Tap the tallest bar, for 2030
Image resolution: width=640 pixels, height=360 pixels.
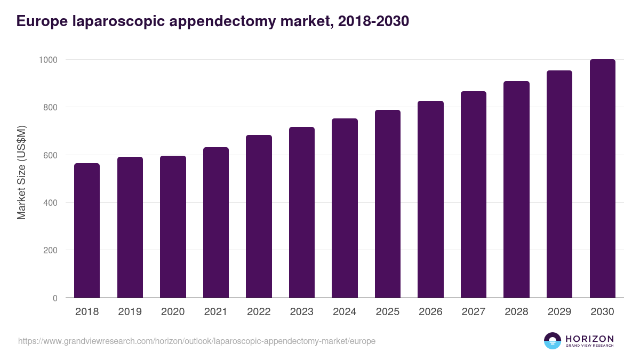[x=602, y=179]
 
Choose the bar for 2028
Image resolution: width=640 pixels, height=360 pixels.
[x=516, y=189]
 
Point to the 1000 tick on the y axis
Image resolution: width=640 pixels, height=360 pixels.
[x=47, y=60]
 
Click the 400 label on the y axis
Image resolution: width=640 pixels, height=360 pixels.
[x=50, y=203]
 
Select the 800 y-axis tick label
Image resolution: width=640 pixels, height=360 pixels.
[x=50, y=107]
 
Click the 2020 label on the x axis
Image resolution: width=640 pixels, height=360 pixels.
[x=173, y=312]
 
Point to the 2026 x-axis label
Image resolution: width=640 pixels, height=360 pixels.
[x=430, y=312]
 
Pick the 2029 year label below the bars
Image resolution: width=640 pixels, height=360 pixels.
[x=559, y=312]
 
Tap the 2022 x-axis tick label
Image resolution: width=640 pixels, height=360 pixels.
[x=259, y=312]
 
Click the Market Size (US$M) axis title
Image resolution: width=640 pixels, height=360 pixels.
[x=22, y=173]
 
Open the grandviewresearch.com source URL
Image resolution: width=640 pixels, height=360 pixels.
[x=197, y=341]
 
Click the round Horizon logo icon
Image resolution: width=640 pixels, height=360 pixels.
[x=553, y=341]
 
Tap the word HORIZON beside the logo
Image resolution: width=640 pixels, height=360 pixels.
[x=589, y=338]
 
